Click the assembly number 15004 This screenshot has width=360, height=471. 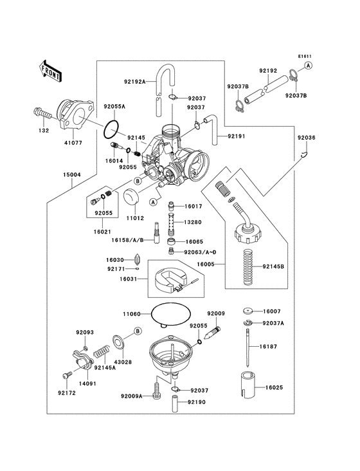tap(71, 174)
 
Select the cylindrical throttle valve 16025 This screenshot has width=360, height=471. tap(246, 388)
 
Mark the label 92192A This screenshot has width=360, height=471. tap(134, 82)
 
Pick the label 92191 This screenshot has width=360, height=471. tap(236, 136)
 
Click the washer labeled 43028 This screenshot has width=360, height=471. tap(120, 344)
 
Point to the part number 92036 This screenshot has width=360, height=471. tap(306, 138)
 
